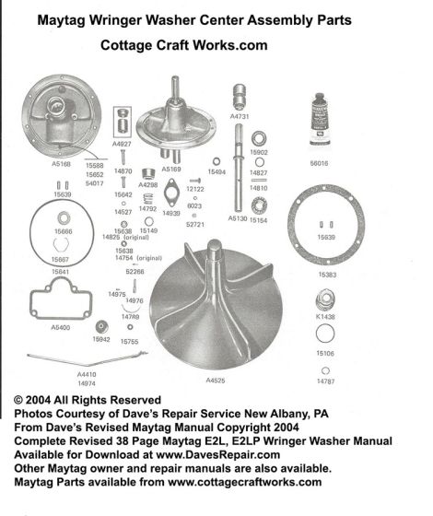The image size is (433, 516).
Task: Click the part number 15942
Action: [100, 340]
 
